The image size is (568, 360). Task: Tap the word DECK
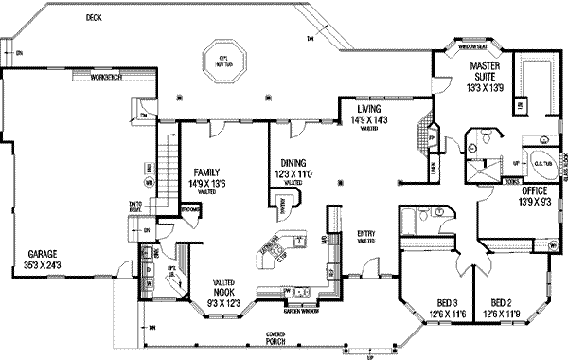(93, 17)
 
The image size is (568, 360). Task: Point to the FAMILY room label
(206, 162)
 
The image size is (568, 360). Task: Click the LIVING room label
(361, 110)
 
